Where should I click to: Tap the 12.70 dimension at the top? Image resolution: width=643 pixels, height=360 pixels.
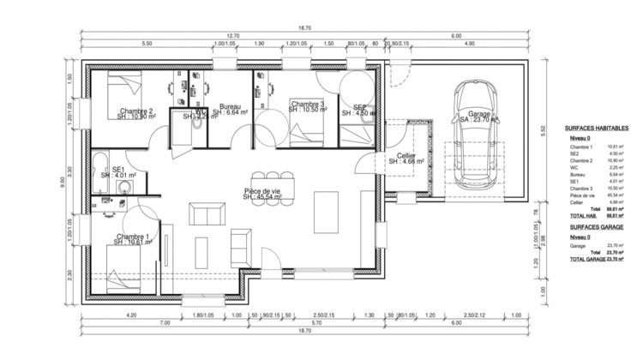233,34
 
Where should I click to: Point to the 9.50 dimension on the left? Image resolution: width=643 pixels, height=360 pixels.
63,181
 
